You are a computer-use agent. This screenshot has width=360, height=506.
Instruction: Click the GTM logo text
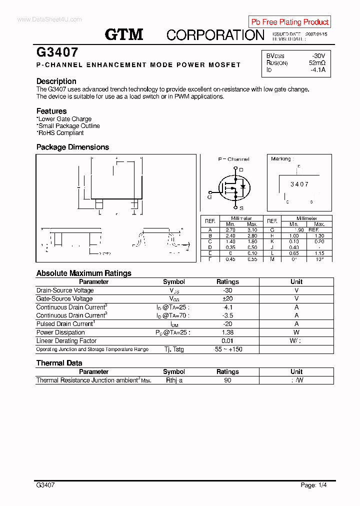124,34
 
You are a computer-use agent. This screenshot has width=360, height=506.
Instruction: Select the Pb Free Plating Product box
289,22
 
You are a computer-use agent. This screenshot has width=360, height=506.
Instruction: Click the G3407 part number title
56,52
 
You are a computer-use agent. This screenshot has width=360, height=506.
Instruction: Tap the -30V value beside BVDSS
317,56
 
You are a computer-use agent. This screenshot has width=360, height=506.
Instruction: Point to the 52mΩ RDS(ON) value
317,63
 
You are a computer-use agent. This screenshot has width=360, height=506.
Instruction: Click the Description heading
56,81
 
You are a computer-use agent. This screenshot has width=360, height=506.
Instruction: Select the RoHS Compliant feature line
60,133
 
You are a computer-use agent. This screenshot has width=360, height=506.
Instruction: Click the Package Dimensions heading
72,147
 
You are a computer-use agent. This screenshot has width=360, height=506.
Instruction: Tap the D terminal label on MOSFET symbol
241,170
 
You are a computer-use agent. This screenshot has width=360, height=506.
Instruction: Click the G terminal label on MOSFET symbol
209,196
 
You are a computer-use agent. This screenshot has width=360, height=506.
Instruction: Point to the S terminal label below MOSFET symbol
241,208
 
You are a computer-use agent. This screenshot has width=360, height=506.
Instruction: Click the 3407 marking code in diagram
299,184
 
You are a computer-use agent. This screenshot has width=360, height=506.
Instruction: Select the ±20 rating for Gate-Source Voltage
227,298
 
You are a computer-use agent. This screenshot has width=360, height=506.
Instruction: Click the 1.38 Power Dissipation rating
227,332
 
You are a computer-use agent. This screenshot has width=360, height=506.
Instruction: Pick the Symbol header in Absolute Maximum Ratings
174,282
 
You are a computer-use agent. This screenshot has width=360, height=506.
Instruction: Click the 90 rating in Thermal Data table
227,380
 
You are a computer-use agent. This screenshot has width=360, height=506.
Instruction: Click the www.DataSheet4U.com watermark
49,19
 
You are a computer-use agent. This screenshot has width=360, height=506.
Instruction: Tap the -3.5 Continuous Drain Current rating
227,315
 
